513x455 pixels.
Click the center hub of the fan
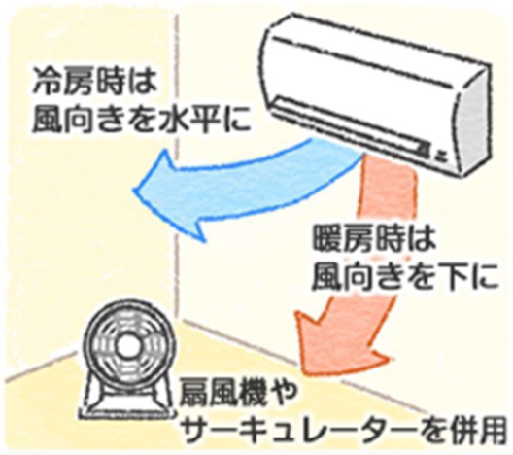(126, 348)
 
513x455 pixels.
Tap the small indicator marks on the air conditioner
(432, 150)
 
